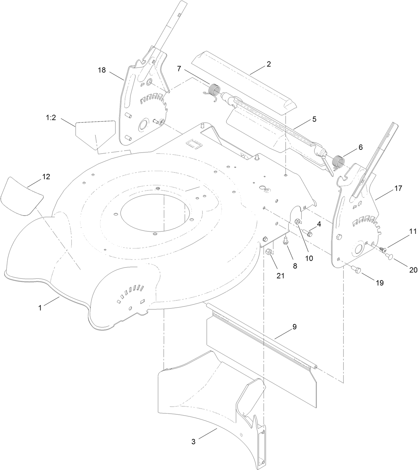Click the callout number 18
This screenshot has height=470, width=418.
(102, 70)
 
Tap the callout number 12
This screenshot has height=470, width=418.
(46, 177)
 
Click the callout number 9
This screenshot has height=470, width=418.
(294, 327)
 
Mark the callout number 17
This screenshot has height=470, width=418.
(398, 188)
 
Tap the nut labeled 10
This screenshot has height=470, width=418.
(298, 222)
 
